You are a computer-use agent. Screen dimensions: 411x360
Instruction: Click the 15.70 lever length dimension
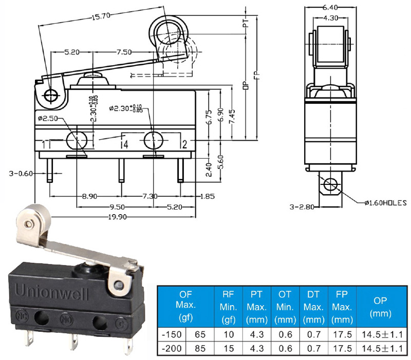[101, 16]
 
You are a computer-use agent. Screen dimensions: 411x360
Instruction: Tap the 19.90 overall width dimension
[118, 217]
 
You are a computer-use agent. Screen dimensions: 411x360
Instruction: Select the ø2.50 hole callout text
[48, 119]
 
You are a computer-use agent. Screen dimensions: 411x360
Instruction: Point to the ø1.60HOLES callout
[385, 203]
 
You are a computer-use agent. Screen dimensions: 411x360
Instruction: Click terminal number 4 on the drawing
[126, 144]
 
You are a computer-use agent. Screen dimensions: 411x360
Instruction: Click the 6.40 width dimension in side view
[330, 7]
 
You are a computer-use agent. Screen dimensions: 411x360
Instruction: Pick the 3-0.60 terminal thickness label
[21, 174]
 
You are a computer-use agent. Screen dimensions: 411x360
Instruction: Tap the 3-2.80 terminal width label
[302, 207]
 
